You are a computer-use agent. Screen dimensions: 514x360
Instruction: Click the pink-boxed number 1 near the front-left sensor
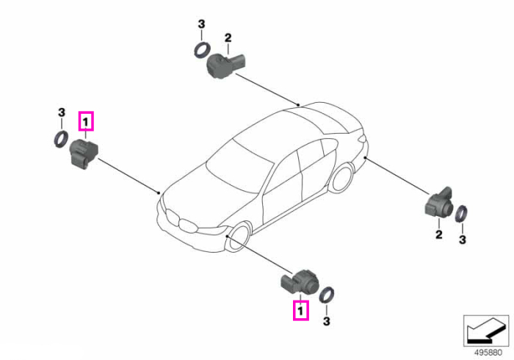[x=86, y=121]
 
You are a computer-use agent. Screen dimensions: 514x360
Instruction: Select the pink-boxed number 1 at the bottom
[x=300, y=310]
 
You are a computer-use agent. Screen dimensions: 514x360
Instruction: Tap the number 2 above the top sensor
[x=228, y=37]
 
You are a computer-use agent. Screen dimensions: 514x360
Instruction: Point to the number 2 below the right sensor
[x=439, y=234]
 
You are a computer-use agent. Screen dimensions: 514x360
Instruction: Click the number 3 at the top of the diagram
[x=201, y=24]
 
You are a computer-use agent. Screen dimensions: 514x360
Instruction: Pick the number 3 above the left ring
[x=61, y=112]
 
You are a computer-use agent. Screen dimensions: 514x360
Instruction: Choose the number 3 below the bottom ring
[x=326, y=321]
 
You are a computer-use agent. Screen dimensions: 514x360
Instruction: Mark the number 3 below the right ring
[x=462, y=240]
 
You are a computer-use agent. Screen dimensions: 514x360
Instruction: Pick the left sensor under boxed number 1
[x=84, y=154]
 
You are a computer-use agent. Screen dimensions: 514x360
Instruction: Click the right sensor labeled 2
[x=439, y=204]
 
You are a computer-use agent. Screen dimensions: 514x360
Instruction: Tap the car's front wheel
[x=239, y=237]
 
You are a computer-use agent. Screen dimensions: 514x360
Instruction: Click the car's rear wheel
[x=343, y=178]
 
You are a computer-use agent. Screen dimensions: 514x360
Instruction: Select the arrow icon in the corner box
[x=486, y=331]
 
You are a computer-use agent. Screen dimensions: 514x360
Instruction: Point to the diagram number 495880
[x=488, y=353]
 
